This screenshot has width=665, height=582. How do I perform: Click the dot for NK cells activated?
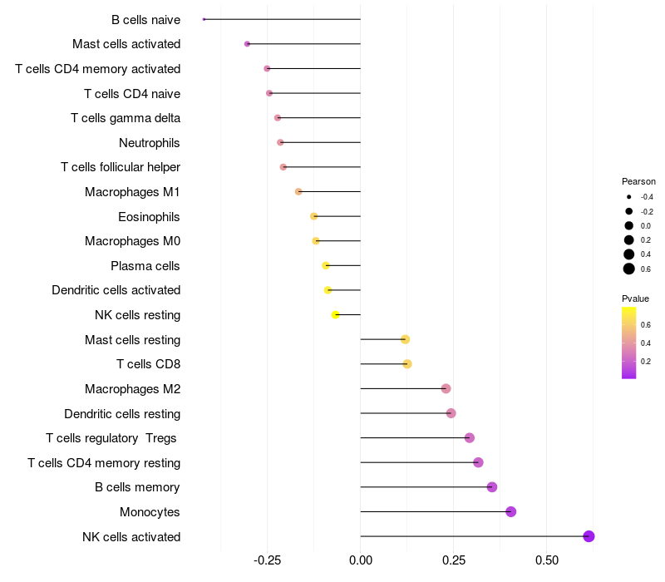(589, 536)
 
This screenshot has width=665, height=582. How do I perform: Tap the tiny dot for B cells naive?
(204, 19)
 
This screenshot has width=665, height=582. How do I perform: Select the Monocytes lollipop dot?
(511, 511)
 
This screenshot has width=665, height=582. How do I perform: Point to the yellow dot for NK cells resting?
(336, 315)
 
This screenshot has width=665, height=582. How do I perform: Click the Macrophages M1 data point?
(298, 192)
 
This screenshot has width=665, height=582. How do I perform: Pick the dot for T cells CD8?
(407, 364)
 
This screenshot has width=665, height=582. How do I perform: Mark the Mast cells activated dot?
(247, 44)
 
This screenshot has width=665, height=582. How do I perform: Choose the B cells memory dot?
(492, 487)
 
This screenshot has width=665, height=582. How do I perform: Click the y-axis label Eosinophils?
(149, 217)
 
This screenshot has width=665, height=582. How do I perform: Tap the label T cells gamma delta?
(126, 118)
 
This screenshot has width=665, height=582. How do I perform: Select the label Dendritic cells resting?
(122, 413)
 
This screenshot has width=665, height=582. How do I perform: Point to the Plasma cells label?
(145, 266)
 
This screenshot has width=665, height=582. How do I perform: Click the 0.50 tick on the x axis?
(547, 560)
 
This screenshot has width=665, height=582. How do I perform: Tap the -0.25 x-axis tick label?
(267, 560)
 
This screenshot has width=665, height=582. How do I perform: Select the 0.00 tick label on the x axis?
(361, 560)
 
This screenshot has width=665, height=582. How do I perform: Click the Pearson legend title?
(638, 181)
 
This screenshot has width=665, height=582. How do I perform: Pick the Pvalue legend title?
(635, 298)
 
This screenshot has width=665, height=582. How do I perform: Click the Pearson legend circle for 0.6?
(629, 269)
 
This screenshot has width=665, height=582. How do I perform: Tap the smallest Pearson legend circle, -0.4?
(629, 197)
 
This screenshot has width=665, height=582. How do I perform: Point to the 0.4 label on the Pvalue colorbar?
(646, 343)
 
